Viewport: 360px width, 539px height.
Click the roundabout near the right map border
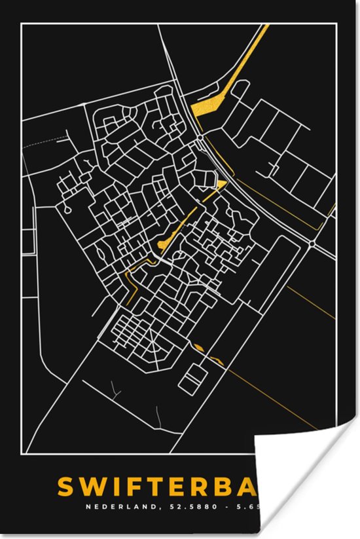coord(314,242)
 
